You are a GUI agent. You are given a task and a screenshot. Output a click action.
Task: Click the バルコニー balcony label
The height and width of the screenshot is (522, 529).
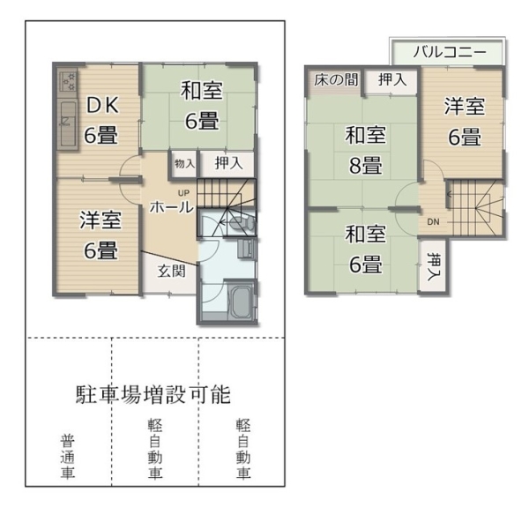coord(450,52)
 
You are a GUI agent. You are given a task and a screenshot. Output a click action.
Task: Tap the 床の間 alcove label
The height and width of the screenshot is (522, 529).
coord(335,80)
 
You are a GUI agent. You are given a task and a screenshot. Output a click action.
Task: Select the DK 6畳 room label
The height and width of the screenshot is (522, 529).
coord(101,120)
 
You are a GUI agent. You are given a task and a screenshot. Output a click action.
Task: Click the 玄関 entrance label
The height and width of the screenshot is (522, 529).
coord(171,271)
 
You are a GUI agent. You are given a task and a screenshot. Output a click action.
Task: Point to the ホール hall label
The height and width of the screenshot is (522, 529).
coord(171,207)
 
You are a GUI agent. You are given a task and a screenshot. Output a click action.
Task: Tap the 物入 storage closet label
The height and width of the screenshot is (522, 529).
coord(184,164)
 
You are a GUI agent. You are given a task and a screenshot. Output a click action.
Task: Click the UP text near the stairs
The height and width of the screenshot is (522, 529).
coord(184,193)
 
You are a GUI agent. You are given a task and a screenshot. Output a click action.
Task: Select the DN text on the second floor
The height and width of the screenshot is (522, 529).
coord(433,221)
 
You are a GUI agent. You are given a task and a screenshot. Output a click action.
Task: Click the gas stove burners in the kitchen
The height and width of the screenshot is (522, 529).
coord(69,81)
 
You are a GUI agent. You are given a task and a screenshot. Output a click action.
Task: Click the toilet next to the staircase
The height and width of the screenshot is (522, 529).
coord(242,223)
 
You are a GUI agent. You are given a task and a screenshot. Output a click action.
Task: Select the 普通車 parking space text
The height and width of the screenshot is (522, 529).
coord(68,457)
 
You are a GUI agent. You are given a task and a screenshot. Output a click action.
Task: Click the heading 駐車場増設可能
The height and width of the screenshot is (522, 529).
coord(153,394)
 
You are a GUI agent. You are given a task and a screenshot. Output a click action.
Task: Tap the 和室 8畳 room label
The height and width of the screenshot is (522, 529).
coord(365,150)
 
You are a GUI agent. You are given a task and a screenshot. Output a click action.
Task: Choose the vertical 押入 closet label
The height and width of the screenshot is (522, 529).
coord(433,266)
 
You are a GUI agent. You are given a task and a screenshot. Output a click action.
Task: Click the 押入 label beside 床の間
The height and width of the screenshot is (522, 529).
coord(392,79)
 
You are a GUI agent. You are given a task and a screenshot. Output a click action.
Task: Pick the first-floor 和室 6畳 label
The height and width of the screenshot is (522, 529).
coord(201,105)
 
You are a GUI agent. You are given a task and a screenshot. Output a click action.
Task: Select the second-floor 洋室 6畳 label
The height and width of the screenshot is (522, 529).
coord(465,122)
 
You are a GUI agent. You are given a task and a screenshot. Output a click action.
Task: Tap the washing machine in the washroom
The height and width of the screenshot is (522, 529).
coord(246,249)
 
